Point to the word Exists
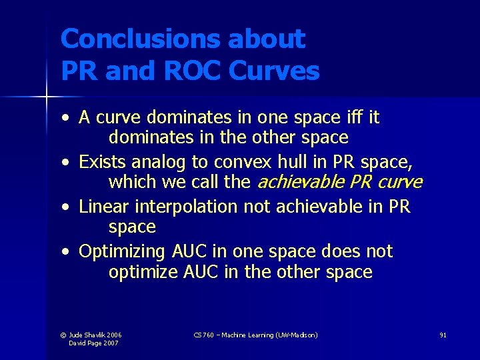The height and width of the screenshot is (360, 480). point(103,161)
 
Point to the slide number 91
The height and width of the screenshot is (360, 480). point(443,335)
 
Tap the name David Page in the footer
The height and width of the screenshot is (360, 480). point(86,343)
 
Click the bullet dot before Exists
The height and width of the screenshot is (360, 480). point(67,162)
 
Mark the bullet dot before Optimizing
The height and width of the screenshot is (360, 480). point(67,253)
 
